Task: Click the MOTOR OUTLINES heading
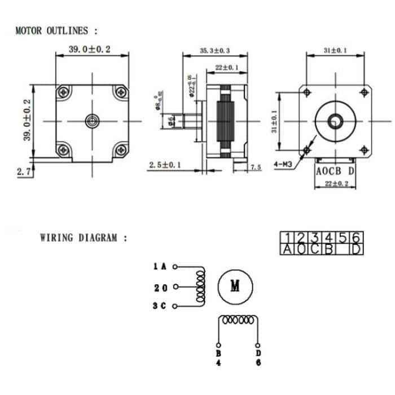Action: (56, 30)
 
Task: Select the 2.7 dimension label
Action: (23, 172)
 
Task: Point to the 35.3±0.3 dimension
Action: (215, 51)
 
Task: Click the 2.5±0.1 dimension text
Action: (165, 165)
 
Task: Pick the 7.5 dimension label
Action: (256, 167)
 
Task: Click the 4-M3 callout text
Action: (283, 165)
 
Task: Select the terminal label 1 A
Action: (160, 266)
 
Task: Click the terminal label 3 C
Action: (160, 306)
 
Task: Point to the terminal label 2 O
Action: (160, 287)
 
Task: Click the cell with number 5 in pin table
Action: (343, 237)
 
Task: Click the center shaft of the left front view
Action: (92, 120)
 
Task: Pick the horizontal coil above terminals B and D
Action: (238, 320)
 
